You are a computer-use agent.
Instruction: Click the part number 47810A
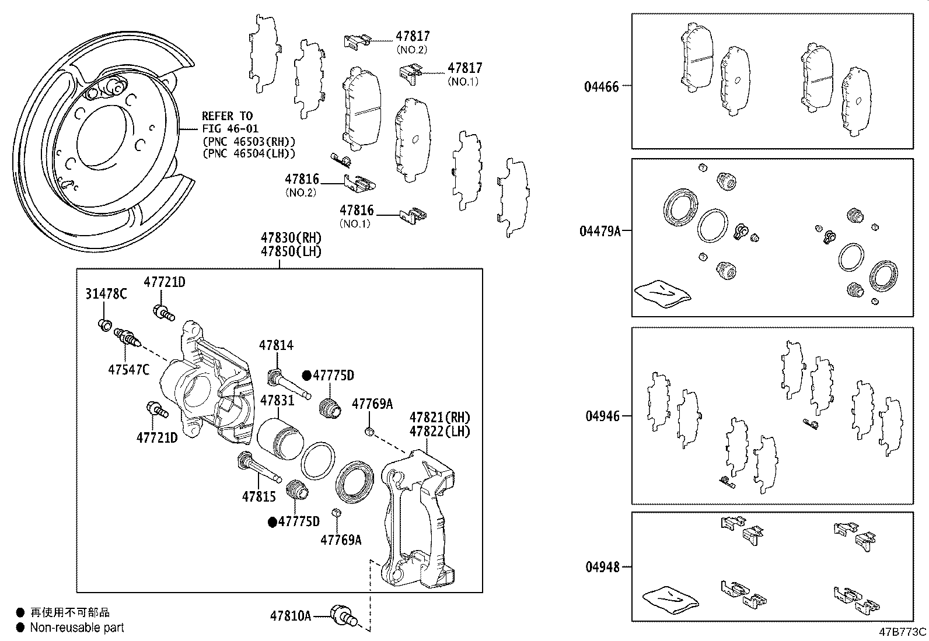(290, 615)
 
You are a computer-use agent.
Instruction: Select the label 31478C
(106, 294)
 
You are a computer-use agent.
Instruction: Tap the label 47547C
(128, 369)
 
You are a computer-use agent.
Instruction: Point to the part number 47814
(276, 345)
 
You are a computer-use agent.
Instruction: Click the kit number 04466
(601, 87)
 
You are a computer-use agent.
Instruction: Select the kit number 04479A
(599, 231)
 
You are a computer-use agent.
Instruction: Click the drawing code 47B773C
(903, 632)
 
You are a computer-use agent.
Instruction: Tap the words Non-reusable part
(77, 628)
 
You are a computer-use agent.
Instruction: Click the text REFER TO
(227, 116)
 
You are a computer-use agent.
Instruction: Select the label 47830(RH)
(291, 238)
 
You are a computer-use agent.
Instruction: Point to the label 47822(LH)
(439, 432)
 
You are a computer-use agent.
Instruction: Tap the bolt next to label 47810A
(343, 615)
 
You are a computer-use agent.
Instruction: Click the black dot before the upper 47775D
(306, 375)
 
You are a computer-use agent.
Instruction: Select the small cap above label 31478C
(104, 324)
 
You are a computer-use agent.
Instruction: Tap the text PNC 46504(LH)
(249, 153)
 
